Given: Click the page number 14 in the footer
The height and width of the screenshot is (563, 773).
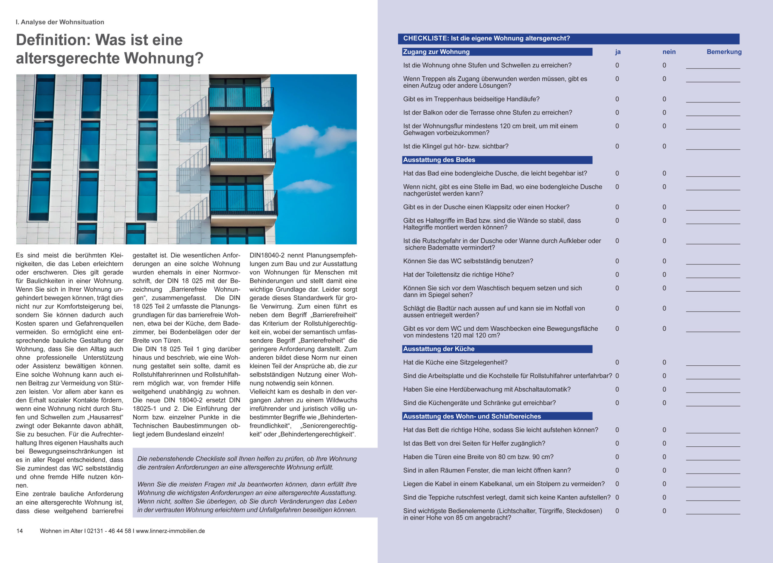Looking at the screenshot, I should pos(19,531).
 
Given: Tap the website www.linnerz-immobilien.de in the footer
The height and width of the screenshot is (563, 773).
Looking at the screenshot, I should pos(170,531).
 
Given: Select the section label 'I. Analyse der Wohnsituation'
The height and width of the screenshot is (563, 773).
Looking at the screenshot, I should pos(60,22).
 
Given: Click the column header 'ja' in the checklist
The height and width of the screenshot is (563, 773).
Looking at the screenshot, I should pos(617,52).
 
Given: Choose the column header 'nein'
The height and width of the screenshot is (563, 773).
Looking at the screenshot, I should pos(669,52).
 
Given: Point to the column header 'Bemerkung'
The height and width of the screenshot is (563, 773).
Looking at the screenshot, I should pos(724,52).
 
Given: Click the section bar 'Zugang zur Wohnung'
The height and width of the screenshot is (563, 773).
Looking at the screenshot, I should pos(497,52).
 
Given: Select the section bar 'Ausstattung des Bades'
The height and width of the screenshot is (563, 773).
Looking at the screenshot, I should pos(497,160).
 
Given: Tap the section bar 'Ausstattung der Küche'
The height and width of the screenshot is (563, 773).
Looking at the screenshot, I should pos(497,349).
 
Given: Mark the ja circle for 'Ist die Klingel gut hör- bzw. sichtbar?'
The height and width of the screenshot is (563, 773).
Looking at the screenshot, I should pos(617,146).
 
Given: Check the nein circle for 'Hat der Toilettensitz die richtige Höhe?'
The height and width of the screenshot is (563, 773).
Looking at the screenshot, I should pos(664,274).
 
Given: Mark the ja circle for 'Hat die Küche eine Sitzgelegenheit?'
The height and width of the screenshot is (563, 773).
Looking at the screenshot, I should pos(617,362).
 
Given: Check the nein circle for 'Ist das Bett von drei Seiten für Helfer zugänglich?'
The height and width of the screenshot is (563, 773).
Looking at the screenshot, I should pos(664,443).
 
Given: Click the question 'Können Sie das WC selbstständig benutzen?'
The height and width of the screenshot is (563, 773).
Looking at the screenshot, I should pos(468,261).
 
